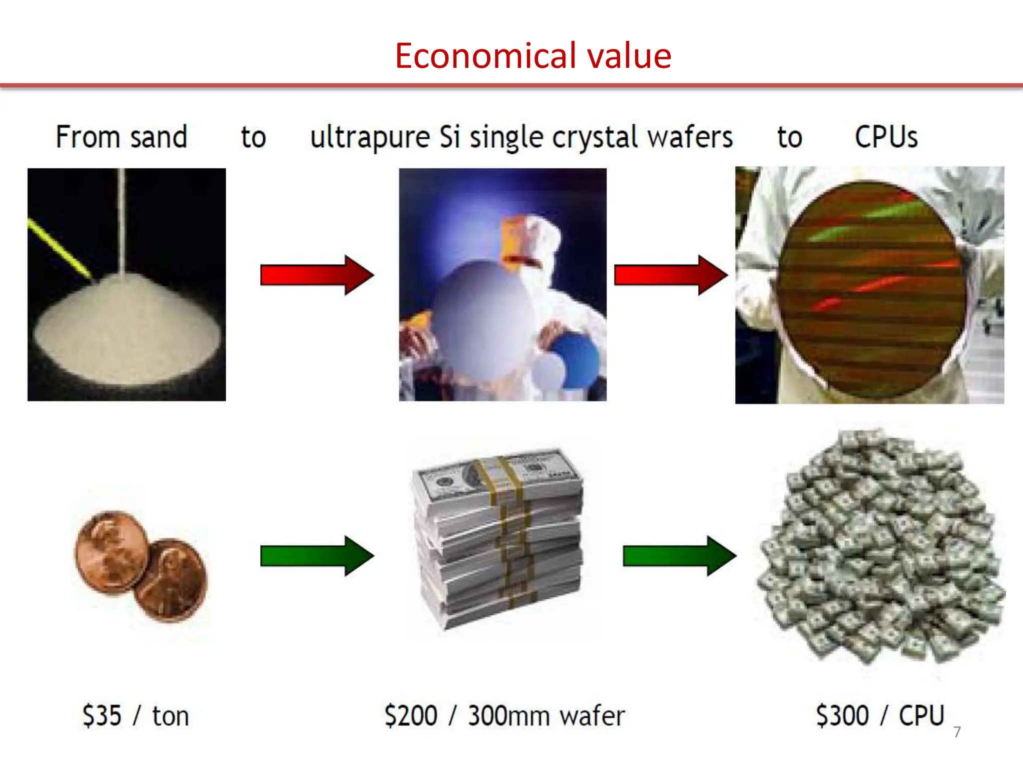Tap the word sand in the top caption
[x=159, y=137]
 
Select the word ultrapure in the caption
[x=370, y=138]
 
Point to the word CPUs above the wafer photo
[x=886, y=137]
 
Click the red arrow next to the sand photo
[x=317, y=275]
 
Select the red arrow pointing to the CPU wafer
[x=670, y=275]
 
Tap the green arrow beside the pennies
[x=317, y=556]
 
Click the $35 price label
[x=102, y=716]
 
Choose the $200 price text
[x=411, y=716]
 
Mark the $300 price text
[x=842, y=716]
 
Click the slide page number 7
[x=957, y=732]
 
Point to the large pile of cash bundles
[x=882, y=547]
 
